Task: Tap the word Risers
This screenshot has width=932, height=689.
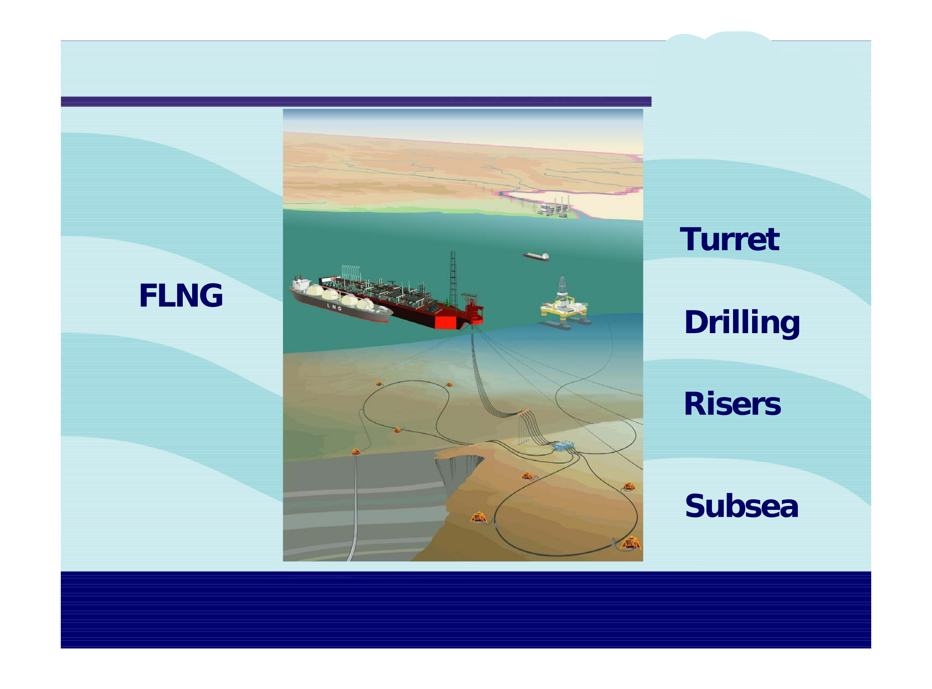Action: pos(732,404)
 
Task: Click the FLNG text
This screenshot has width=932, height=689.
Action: pos(181,295)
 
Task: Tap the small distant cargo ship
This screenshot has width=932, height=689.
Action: pos(536,257)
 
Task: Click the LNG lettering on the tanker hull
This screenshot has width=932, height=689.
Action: pos(334,307)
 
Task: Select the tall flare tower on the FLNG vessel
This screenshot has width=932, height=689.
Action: pos(453,279)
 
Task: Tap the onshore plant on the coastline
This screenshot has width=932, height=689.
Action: pos(555,207)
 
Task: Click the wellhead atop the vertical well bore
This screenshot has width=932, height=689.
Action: pos(356,451)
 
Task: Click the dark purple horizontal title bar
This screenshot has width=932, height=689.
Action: pos(356,101)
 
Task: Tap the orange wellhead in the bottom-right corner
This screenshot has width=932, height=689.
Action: pos(631,543)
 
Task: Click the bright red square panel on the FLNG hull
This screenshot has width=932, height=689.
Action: pos(446,321)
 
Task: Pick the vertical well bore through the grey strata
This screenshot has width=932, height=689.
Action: pos(355,507)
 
